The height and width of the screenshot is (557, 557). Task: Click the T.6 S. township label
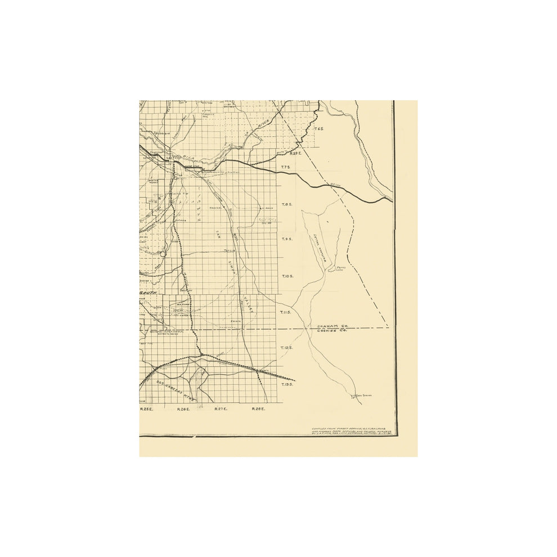(318, 129)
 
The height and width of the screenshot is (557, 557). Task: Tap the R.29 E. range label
(296, 152)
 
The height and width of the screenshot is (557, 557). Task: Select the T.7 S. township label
(285, 167)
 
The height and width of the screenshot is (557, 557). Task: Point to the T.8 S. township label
(286, 205)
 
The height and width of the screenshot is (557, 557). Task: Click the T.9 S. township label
(286, 239)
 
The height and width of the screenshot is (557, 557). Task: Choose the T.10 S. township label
(287, 276)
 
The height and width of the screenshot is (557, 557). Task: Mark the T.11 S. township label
(286, 312)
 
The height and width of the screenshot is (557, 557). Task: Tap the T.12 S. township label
(286, 348)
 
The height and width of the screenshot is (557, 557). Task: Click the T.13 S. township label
(286, 384)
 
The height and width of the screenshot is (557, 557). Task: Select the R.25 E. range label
(146, 409)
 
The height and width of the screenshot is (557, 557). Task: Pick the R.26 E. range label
(183, 409)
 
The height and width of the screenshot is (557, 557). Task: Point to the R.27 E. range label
(221, 409)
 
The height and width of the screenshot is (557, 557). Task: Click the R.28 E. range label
(258, 409)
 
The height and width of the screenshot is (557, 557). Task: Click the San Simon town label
(364, 396)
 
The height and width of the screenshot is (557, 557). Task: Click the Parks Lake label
(341, 268)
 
